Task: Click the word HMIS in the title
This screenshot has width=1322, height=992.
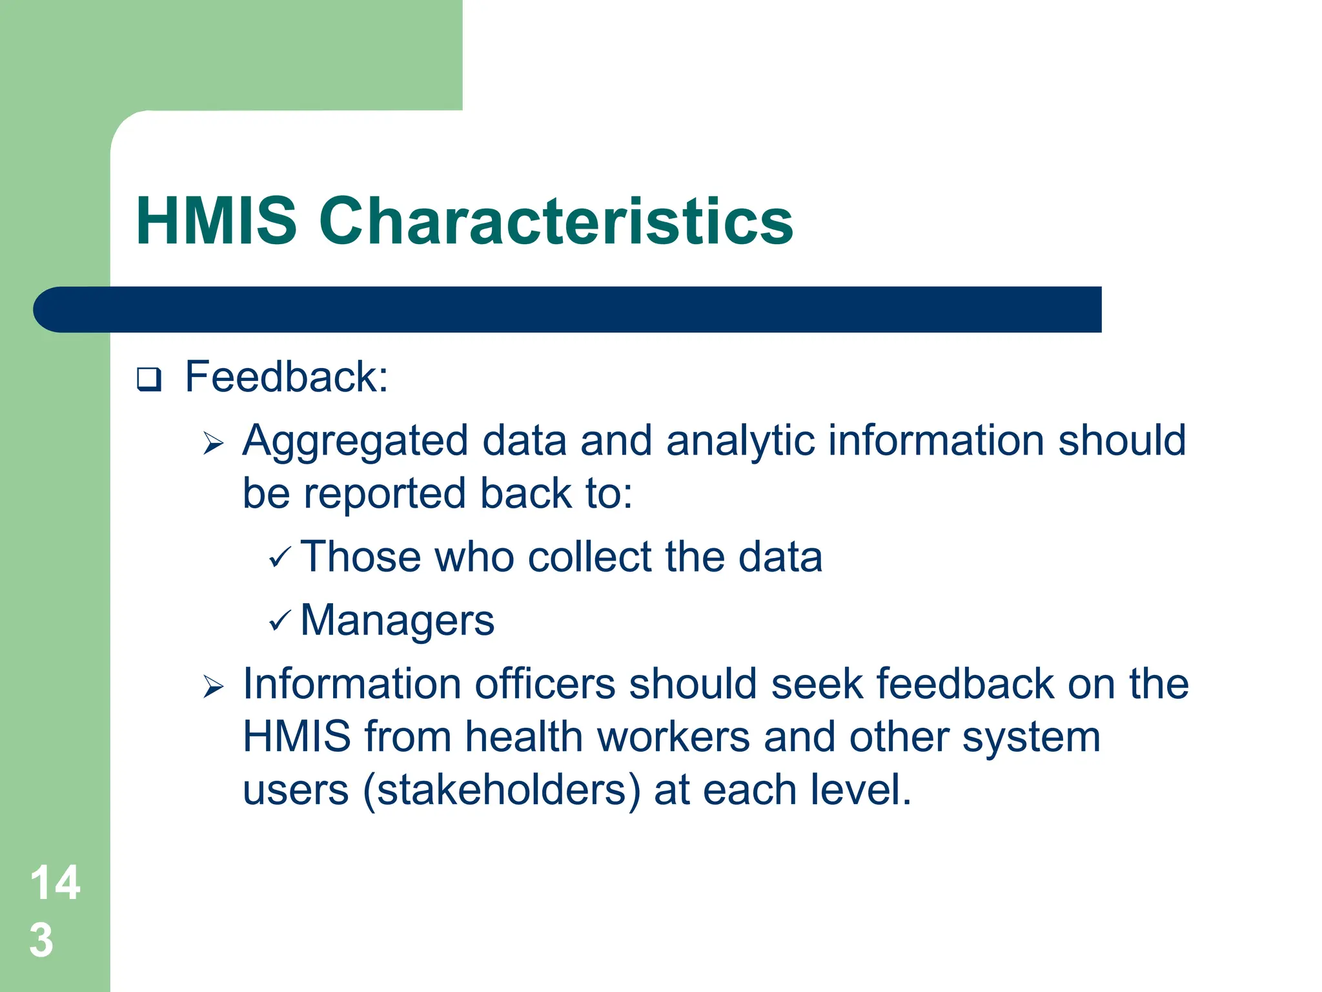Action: pyautogui.click(x=216, y=221)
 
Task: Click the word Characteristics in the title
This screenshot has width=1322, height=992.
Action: pyautogui.click(x=556, y=221)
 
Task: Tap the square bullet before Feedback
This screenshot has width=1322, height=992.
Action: pyautogui.click(x=149, y=379)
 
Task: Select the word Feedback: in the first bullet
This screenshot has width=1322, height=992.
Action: pyautogui.click(x=287, y=377)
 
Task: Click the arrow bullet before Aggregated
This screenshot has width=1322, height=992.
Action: pyautogui.click(x=213, y=444)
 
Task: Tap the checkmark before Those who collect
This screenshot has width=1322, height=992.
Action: pyautogui.click(x=280, y=556)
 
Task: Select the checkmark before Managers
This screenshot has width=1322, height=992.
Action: pyautogui.click(x=280, y=621)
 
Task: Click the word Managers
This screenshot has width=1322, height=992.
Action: pyautogui.click(x=398, y=621)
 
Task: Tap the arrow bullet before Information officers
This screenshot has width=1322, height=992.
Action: pyautogui.click(x=213, y=687)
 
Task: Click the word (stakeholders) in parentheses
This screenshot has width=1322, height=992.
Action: pyautogui.click(x=502, y=790)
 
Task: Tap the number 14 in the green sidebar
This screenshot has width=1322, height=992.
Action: pyautogui.click(x=55, y=883)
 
